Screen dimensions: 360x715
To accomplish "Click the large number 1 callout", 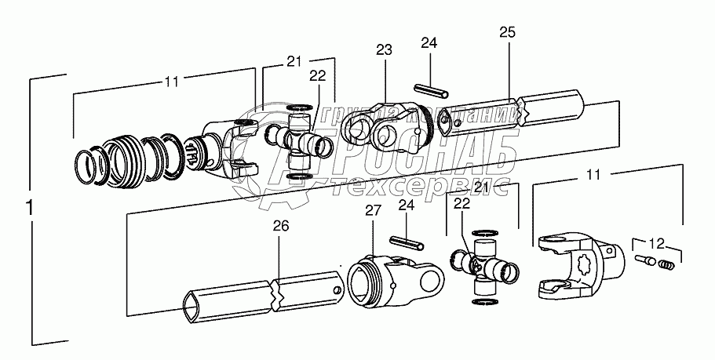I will pos(30,209).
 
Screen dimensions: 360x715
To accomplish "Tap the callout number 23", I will pos(384,50).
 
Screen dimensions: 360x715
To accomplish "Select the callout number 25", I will pos(507,32).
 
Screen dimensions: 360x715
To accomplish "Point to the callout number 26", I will pos(280,227).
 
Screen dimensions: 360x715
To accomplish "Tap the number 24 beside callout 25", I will pos(427,42).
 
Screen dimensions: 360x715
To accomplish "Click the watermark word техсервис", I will pos(423,188).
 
